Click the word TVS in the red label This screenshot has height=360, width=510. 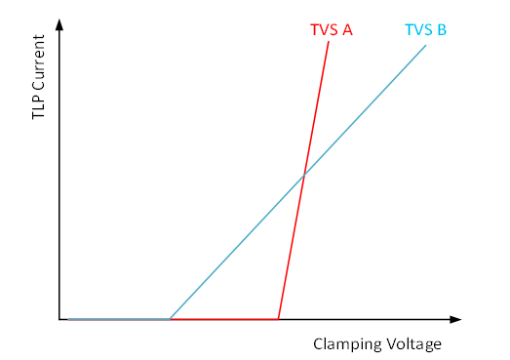click(x=323, y=29)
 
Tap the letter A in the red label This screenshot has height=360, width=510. click(x=346, y=29)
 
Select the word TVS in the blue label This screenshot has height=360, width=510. click(x=418, y=29)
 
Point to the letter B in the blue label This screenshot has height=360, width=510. click(x=442, y=29)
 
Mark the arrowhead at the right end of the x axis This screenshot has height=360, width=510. click(x=455, y=319)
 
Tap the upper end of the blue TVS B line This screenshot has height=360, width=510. click(x=426, y=46)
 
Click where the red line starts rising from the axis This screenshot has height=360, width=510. click(x=279, y=319)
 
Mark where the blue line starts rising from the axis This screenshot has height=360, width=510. click(x=171, y=319)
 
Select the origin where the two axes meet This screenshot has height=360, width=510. click(x=59, y=319)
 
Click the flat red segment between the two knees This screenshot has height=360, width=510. click(x=224, y=319)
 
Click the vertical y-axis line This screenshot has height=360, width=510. click(x=59, y=176)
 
